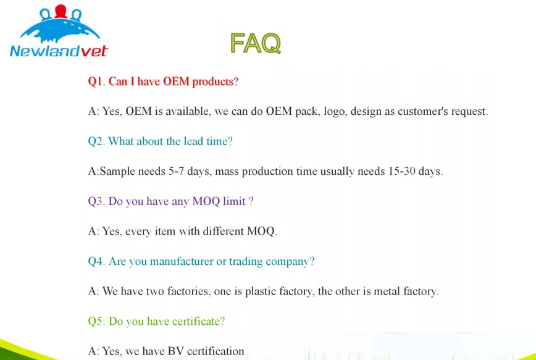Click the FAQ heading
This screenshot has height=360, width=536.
256,43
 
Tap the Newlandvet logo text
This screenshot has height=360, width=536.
59,51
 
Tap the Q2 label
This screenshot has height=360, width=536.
96,141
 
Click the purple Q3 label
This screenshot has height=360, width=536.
96,201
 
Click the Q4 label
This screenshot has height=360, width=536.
96,261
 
